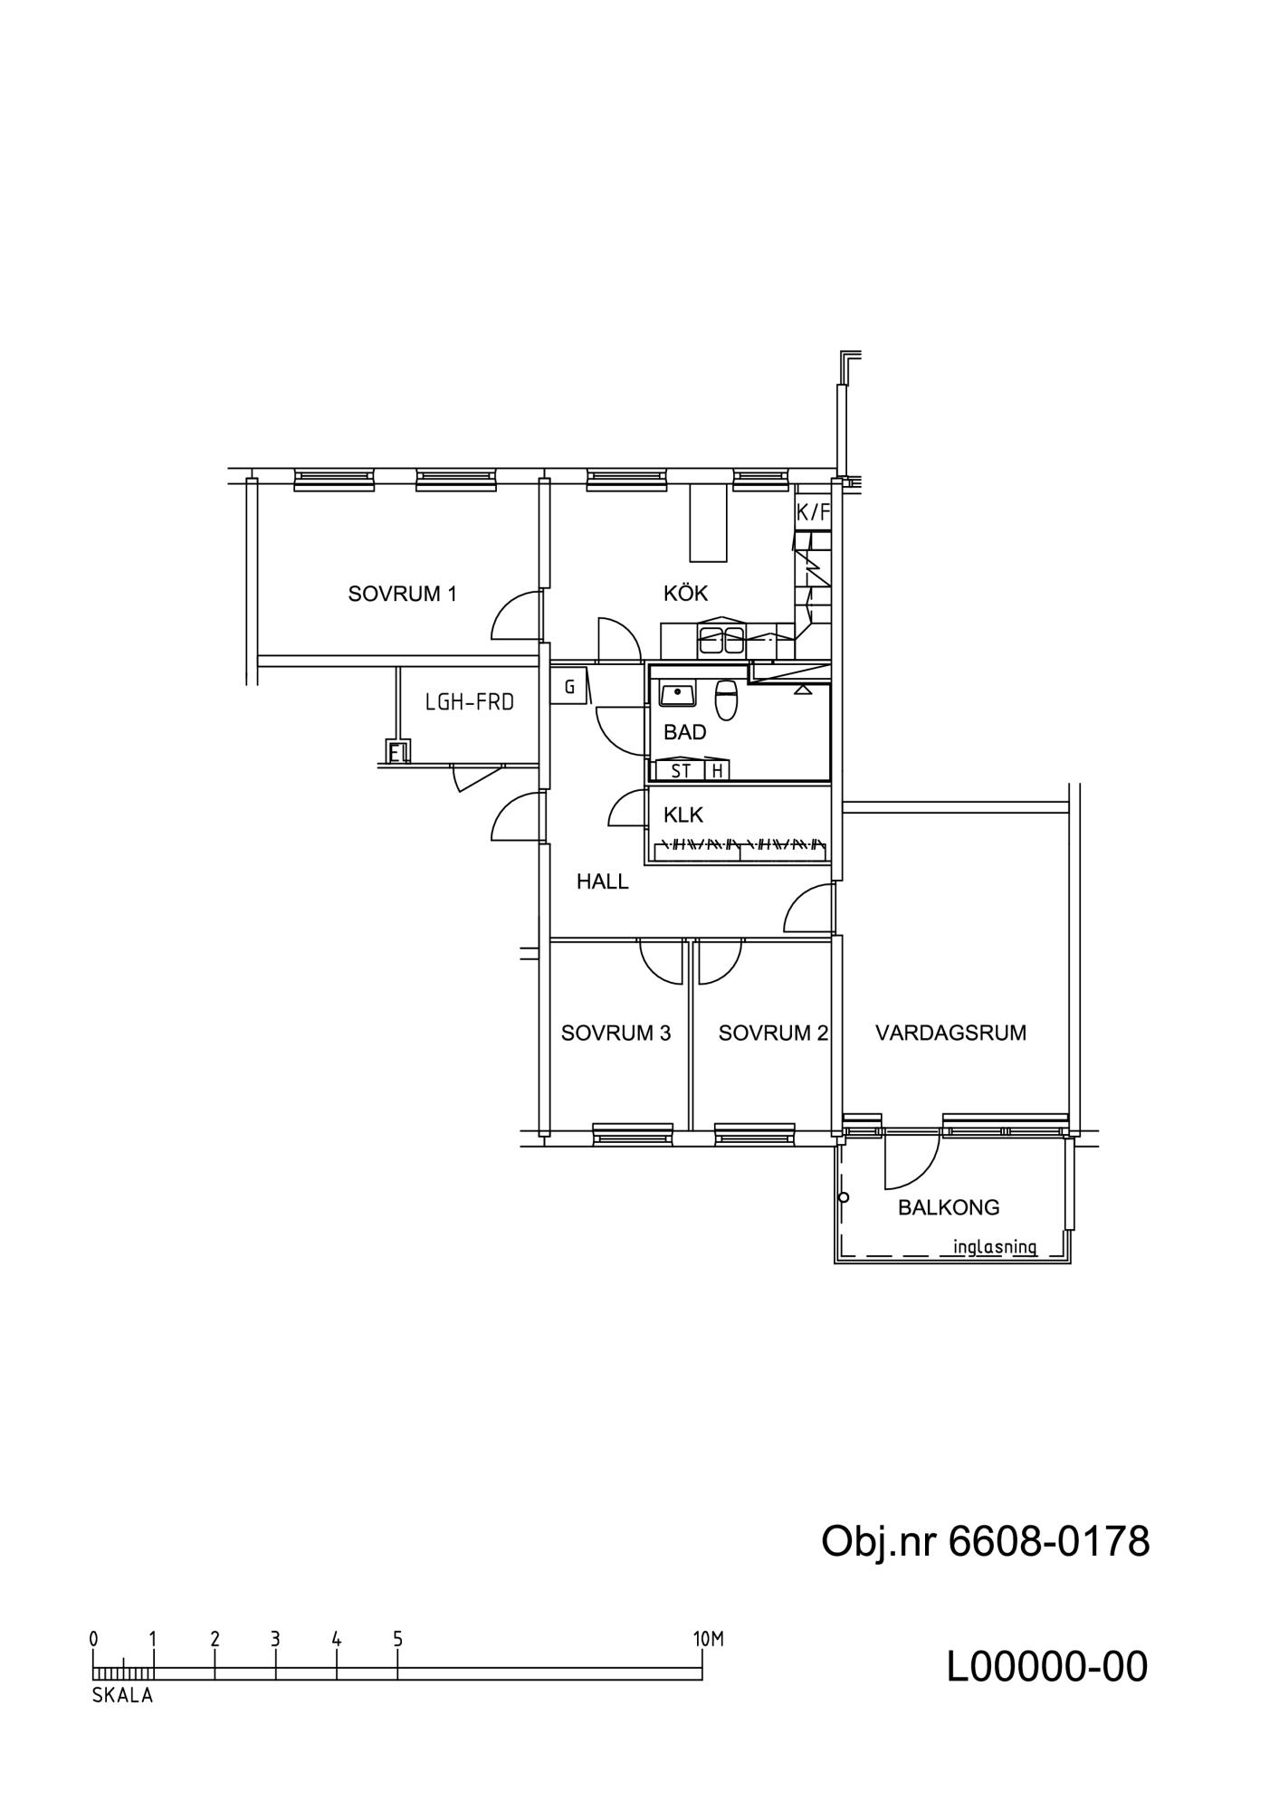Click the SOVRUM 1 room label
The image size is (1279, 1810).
click(x=403, y=594)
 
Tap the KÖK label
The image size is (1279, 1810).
click(x=685, y=593)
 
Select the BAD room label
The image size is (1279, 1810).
click(x=684, y=732)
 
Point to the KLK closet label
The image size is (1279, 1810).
click(x=682, y=814)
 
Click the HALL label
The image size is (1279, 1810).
click(x=602, y=881)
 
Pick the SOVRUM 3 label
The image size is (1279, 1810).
click(x=616, y=1033)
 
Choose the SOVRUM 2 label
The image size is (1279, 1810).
click(x=773, y=1033)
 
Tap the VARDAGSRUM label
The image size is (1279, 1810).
click(x=950, y=1033)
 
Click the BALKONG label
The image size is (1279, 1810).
click(x=949, y=1207)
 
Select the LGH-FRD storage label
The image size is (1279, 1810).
click(x=470, y=701)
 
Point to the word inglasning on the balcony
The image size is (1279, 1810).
click(x=995, y=1247)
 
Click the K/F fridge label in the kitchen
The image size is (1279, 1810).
click(x=813, y=512)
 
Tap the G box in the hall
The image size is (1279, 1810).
click(x=569, y=688)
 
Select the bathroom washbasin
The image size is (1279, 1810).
click(x=676, y=694)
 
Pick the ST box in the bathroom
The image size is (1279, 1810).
click(x=681, y=770)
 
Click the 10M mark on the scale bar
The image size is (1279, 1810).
click(x=709, y=1639)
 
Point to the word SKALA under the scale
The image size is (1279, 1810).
click(x=122, y=1697)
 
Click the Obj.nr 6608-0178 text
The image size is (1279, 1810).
click(x=985, y=1541)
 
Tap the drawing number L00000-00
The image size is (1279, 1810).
click(x=1047, y=1667)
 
